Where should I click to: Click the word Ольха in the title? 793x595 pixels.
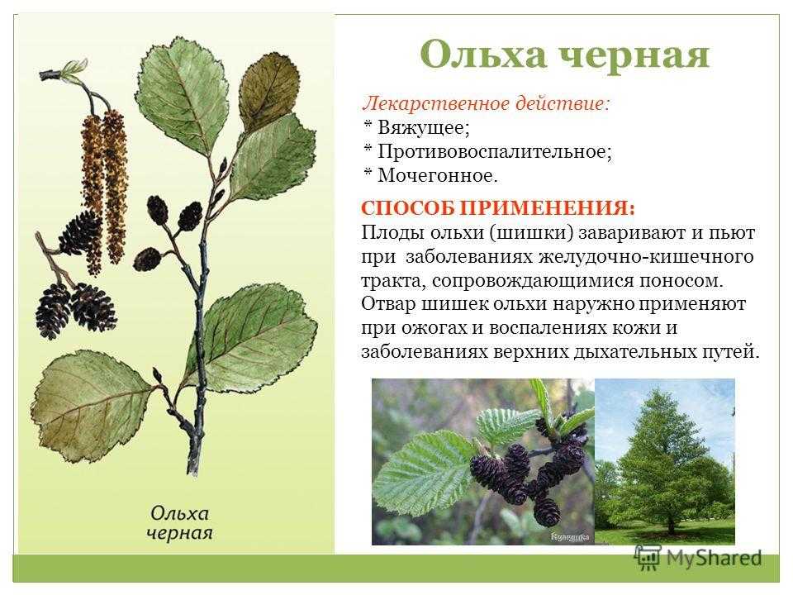click(483, 54)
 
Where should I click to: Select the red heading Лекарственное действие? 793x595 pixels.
click(486, 103)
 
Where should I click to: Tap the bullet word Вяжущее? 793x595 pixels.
click(424, 127)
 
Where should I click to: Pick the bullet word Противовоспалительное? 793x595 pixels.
click(495, 151)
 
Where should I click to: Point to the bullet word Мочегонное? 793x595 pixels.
click(438, 175)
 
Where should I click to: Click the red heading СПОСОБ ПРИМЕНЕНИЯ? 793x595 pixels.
click(497, 208)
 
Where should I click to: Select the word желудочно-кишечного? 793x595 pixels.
click(646, 256)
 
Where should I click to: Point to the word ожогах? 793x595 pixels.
click(434, 328)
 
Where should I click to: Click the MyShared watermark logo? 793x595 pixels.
click(698, 558)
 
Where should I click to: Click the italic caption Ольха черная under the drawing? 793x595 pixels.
click(179, 522)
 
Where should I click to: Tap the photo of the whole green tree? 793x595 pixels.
click(664, 461)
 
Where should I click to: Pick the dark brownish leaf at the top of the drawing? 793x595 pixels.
click(268, 92)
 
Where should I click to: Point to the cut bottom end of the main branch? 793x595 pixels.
click(192, 469)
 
